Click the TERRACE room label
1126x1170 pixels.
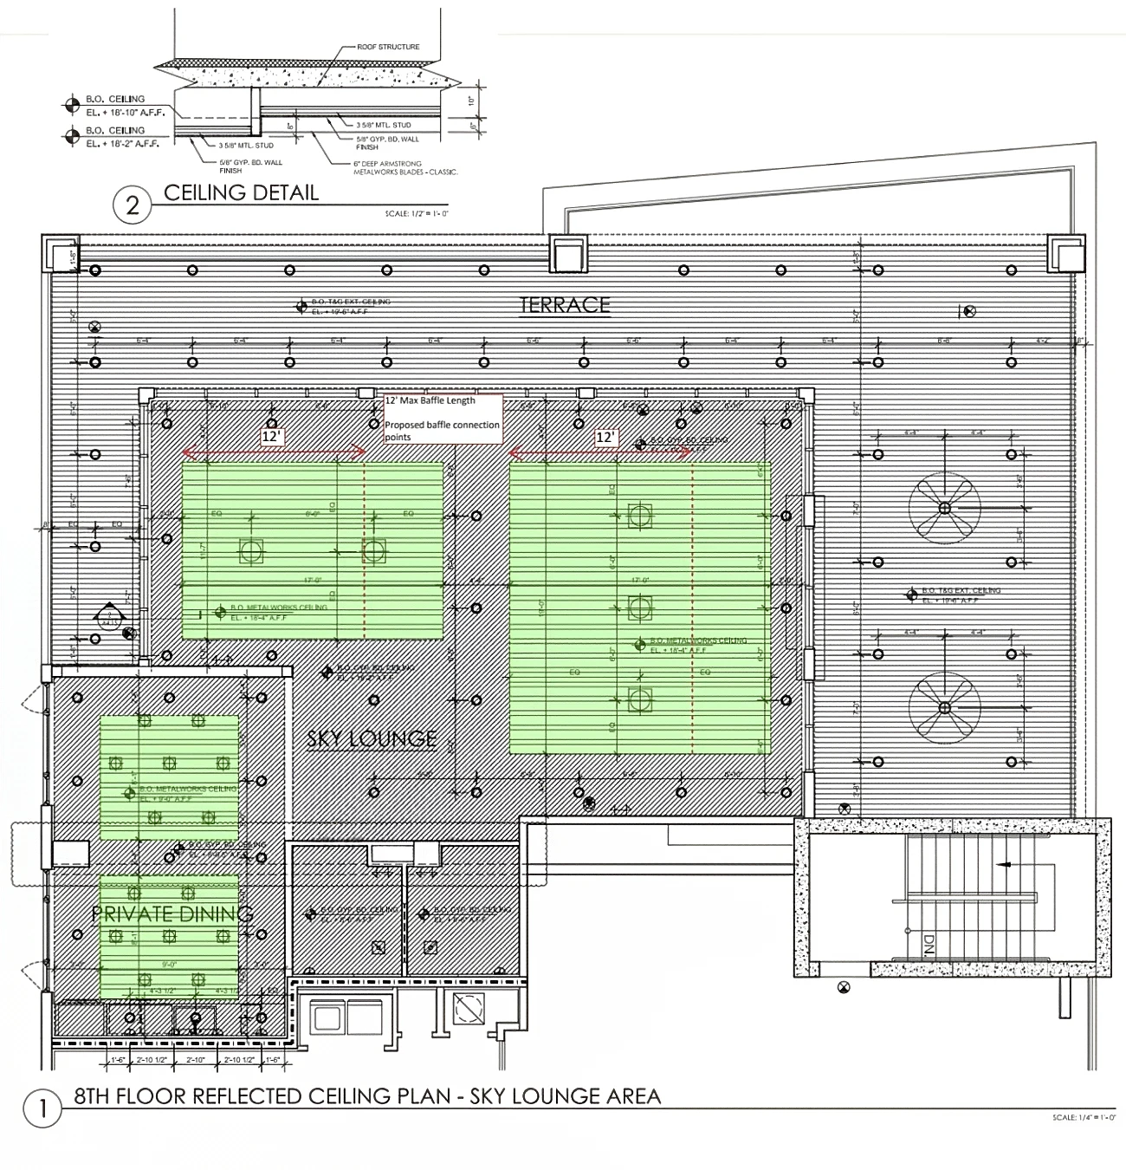[x=565, y=304]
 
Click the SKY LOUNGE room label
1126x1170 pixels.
[x=372, y=738]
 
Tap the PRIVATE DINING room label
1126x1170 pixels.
[x=172, y=913]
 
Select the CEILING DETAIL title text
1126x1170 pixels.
[x=241, y=192]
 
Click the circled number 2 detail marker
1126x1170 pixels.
[x=133, y=205]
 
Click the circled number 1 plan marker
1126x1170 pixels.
[x=41, y=1110]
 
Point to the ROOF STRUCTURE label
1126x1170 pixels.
[x=388, y=47]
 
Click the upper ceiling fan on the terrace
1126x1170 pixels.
[x=944, y=508]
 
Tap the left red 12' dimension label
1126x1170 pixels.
[x=272, y=438]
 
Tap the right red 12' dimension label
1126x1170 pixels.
[x=605, y=438]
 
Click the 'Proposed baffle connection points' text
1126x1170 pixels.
[x=442, y=431]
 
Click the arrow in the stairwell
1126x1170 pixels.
[x=1005, y=864]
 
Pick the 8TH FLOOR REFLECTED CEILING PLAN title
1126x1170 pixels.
[x=367, y=1096]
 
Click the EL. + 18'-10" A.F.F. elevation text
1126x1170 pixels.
[x=128, y=110]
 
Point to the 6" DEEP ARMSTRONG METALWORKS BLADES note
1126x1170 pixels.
[x=405, y=167]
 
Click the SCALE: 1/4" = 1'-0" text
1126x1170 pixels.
[x=1084, y=1118]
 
